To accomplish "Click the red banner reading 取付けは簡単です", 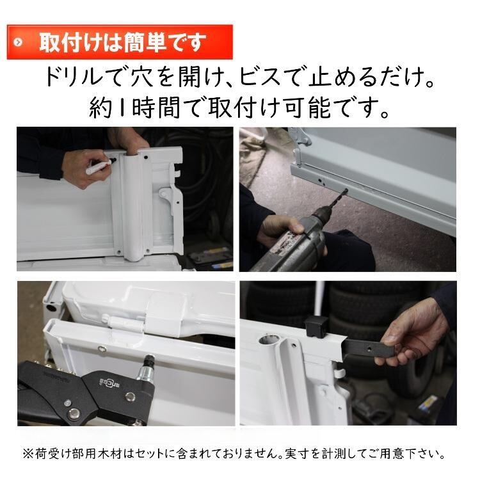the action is coord(120,42).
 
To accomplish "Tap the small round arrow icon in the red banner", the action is coord(18,42).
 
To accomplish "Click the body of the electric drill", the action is coord(294,242).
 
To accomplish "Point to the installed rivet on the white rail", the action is coord(101,349).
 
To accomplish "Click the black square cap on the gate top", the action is coord(317,326).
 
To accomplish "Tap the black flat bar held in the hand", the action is coord(368,348).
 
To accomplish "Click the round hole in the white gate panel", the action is coord(269,339).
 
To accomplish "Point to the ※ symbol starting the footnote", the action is coord(28,454).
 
